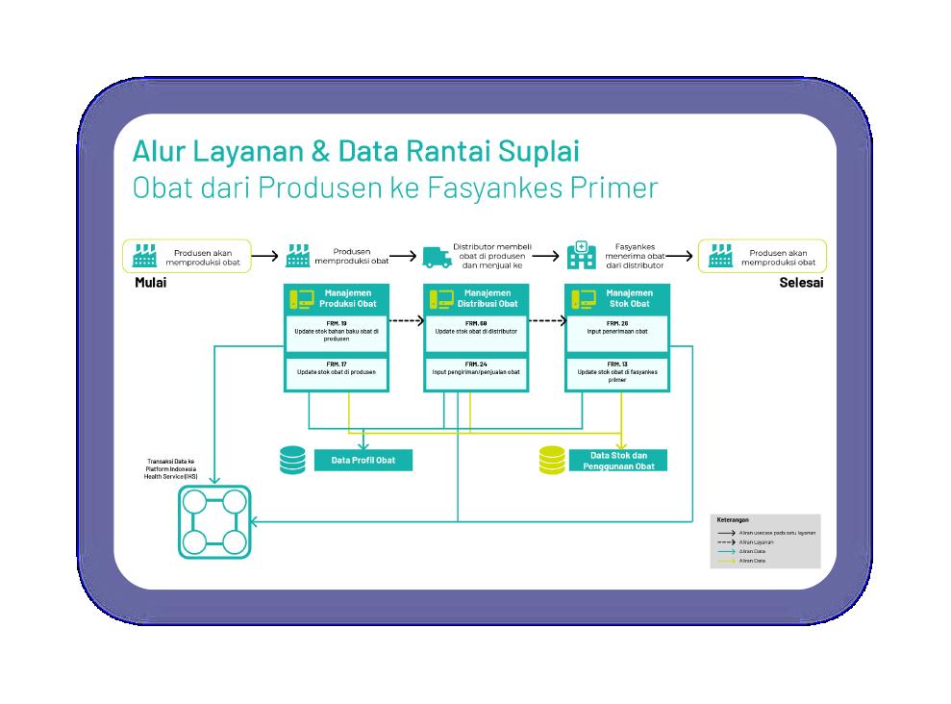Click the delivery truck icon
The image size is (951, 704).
click(437, 257)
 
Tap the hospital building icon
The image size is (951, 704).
click(580, 256)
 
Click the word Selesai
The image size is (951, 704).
click(801, 283)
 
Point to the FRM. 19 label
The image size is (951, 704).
click(337, 323)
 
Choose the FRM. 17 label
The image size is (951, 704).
click(337, 364)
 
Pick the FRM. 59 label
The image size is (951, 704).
click(477, 323)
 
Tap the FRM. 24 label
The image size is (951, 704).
click(477, 364)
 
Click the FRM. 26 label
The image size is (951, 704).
click(617, 323)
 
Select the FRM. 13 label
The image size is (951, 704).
click(617, 364)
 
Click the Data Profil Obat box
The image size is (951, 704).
click(363, 461)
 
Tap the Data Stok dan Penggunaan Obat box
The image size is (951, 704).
click(618, 461)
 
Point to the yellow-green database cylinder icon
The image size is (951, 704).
click(553, 461)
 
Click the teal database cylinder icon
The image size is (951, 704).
click(292, 461)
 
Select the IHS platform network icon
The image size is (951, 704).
click(214, 521)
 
